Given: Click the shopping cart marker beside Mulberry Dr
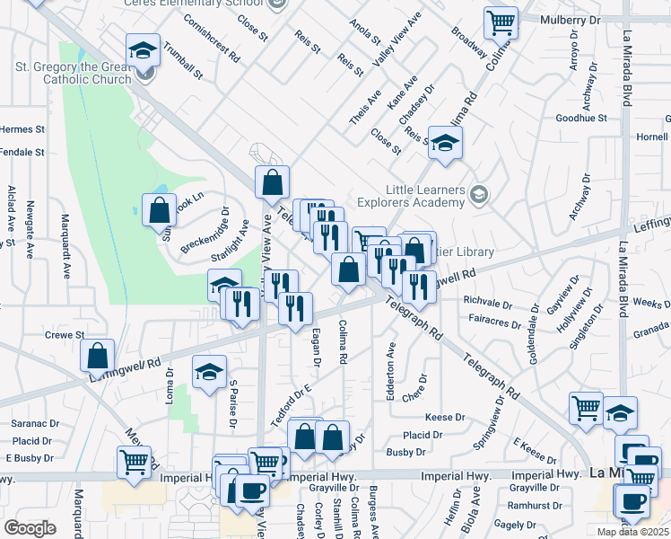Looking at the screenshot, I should (501, 23).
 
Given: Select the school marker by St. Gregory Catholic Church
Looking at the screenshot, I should (143, 51).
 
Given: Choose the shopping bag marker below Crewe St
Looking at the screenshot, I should (97, 356).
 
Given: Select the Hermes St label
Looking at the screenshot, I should (22, 129).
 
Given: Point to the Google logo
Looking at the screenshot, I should (30, 528).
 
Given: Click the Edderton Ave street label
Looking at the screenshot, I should (391, 365).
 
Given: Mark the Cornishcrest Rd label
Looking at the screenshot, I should (212, 37).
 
